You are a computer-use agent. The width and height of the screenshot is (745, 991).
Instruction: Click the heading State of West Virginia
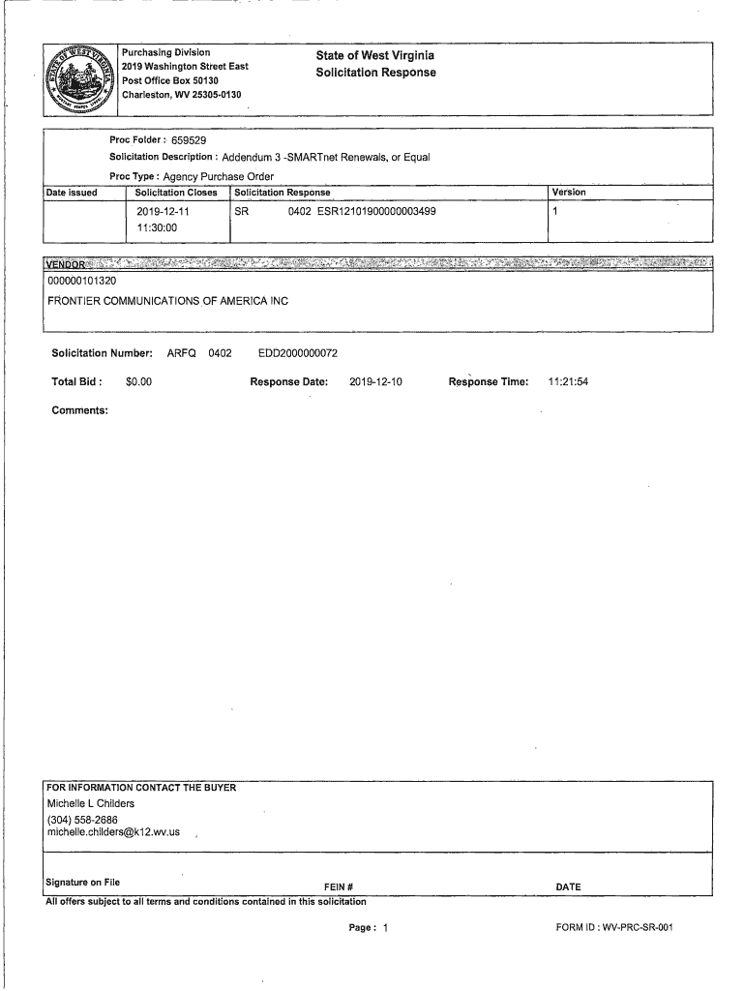(375, 56)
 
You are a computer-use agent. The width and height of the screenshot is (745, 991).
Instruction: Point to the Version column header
(568, 193)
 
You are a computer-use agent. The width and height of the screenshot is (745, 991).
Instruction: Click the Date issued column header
(72, 193)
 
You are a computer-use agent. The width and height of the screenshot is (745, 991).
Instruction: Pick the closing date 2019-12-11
(163, 211)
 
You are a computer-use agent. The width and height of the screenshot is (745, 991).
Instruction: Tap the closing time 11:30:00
(158, 227)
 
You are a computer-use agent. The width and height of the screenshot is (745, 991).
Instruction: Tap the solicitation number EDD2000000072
(297, 353)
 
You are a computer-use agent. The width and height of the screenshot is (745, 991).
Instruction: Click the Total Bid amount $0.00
(138, 382)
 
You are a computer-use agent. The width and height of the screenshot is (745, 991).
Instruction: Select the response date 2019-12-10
(375, 382)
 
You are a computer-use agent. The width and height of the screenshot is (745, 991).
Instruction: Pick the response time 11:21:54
(568, 382)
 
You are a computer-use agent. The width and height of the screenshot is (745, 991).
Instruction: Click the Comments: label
(79, 410)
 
